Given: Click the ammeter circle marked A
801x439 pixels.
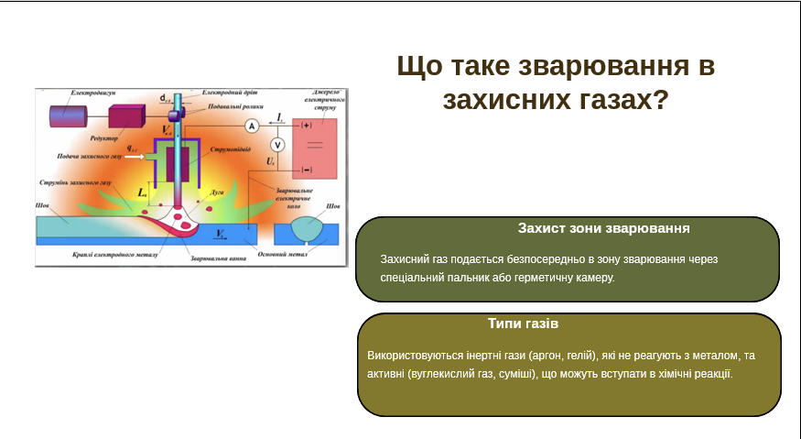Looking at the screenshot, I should tap(250, 125).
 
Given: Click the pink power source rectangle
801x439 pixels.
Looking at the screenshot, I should tap(314, 147).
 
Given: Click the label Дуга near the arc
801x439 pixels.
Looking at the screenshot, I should tap(216, 194).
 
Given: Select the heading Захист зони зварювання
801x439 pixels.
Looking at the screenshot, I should tap(603, 228).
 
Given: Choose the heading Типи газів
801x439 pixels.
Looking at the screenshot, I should tap(523, 324).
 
